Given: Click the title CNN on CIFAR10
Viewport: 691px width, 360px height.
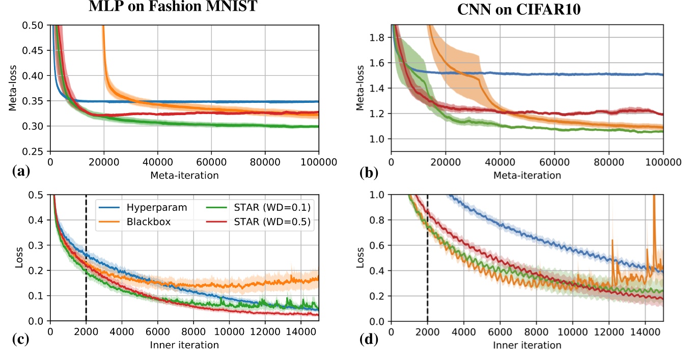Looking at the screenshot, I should tap(527, 11).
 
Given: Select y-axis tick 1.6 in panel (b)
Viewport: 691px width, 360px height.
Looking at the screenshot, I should tap(378, 63).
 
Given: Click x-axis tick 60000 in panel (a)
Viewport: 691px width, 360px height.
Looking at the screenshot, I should tap(265, 163).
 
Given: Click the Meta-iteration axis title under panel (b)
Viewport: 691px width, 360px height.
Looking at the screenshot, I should tap(527, 175).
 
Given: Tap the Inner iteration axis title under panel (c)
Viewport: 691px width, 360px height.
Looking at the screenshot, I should tap(184, 345).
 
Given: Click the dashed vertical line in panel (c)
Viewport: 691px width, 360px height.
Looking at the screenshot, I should tap(86, 255).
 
